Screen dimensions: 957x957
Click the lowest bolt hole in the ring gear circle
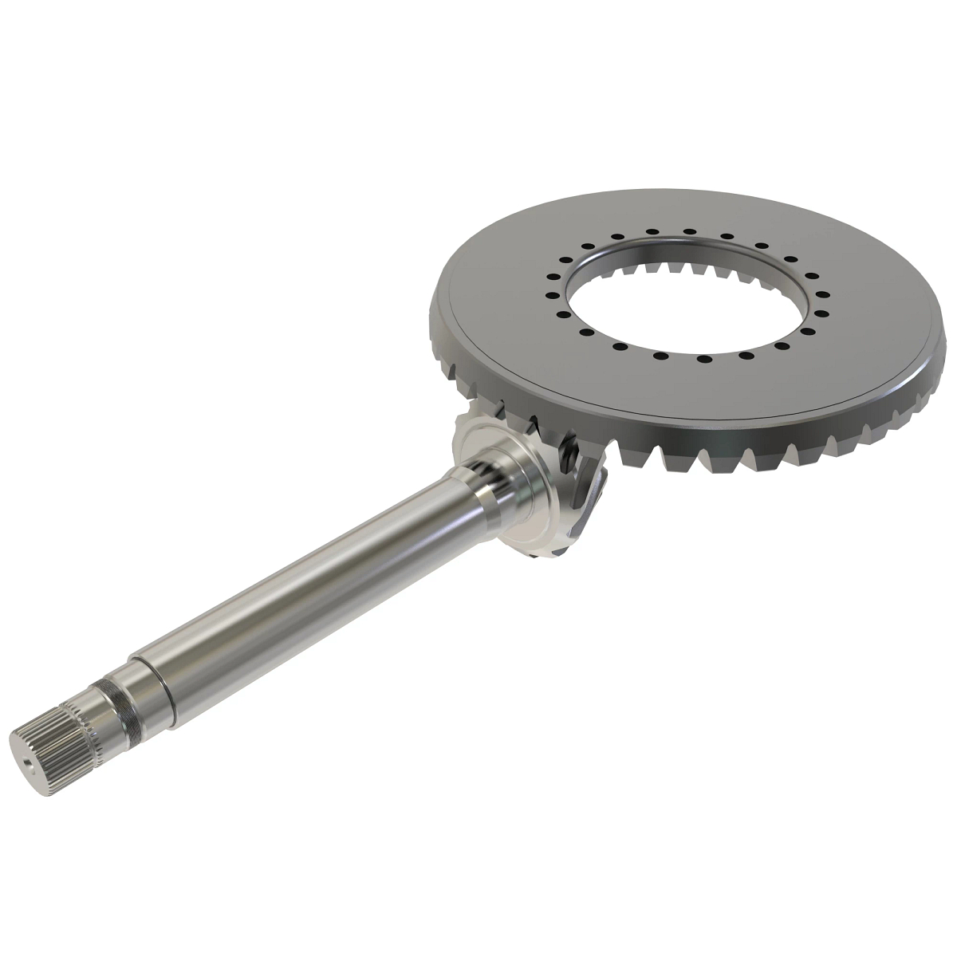702,360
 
